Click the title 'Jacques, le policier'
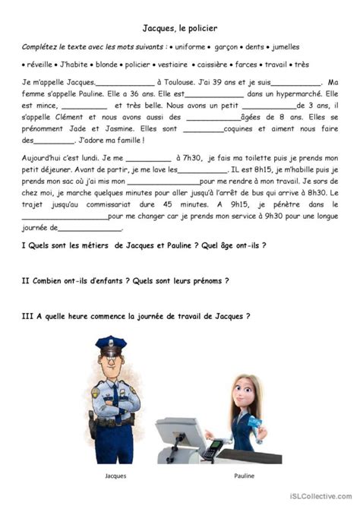[180, 28]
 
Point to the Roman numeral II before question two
[27, 280]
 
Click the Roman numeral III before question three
[28, 315]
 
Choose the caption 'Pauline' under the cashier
[245, 476]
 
